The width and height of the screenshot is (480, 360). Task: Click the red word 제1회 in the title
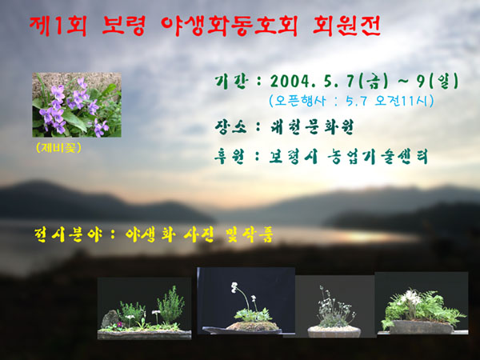pos(58,26)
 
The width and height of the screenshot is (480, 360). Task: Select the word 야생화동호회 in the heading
pos(229,26)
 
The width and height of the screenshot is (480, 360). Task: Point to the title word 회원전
pos(347,26)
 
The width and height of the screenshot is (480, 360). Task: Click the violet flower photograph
pos(77,105)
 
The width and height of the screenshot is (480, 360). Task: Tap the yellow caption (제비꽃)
pos(58,148)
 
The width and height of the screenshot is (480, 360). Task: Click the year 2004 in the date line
pos(290,82)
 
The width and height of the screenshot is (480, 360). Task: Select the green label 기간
pos(230,82)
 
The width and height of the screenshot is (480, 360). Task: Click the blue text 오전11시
pos(404,101)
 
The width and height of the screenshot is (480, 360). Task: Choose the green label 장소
pos(231,126)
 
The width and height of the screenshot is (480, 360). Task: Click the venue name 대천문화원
pos(312,126)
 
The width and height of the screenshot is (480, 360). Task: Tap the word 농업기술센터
pos(377,157)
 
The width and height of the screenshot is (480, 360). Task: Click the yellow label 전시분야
pos(68,235)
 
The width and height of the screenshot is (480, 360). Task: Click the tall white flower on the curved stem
pos(234,287)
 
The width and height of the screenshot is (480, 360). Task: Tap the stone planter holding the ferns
pos(421,327)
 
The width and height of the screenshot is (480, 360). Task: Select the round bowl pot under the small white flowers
pos(334,331)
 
